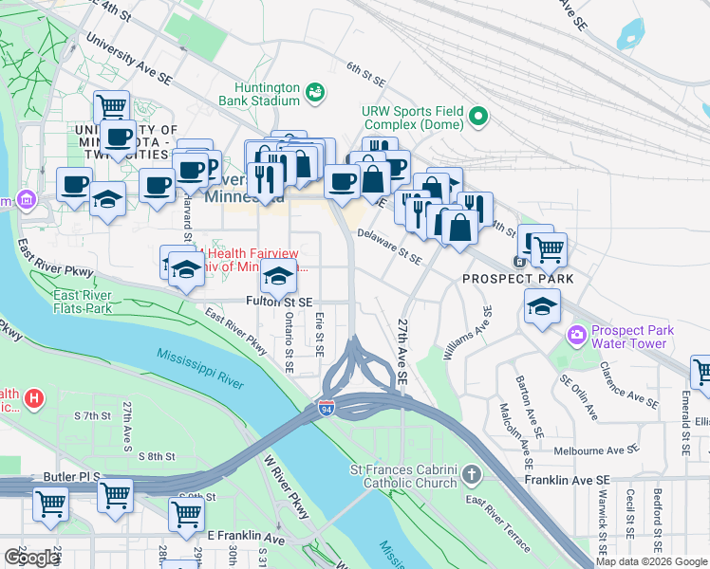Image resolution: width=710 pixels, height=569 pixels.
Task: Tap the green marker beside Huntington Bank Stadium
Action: (x=315, y=92)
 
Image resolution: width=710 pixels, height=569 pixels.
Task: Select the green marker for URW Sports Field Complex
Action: (x=479, y=119)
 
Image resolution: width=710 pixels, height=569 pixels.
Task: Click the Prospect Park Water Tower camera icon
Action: (x=575, y=336)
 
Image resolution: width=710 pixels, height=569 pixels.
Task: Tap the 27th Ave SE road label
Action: (x=402, y=351)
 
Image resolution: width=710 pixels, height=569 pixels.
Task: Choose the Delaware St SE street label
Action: (x=389, y=246)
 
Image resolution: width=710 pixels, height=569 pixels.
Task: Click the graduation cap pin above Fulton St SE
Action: (x=278, y=277)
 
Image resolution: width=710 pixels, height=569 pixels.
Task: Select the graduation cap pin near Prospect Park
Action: (x=542, y=306)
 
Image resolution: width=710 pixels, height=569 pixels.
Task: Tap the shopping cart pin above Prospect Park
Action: (x=548, y=250)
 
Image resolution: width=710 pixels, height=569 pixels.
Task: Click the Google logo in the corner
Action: (x=31, y=558)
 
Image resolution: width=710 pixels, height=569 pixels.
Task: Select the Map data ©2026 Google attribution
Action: (x=651, y=561)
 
